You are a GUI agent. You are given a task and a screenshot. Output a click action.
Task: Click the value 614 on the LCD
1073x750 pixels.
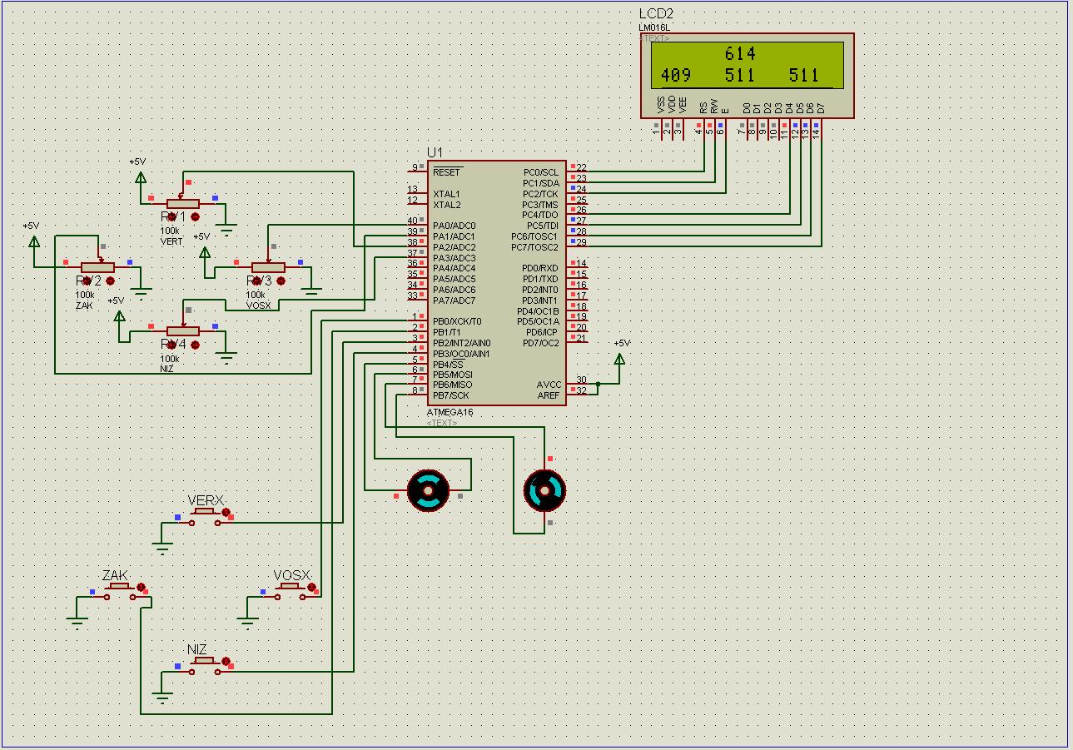[x=739, y=54]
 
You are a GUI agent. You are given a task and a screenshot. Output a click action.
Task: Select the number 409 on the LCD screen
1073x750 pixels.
[x=675, y=76]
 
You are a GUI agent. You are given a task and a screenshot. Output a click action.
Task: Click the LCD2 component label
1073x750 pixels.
[x=656, y=13]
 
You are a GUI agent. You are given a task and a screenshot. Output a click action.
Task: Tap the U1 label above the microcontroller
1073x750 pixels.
[x=435, y=152]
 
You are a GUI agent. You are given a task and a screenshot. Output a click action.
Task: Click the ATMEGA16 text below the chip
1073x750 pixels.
[x=450, y=413]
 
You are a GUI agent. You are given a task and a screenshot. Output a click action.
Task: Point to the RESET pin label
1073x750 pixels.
[x=447, y=172]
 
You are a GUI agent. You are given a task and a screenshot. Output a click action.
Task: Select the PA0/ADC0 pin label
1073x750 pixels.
[x=454, y=226]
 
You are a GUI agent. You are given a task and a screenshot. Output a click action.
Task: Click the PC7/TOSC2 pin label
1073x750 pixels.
[x=534, y=247]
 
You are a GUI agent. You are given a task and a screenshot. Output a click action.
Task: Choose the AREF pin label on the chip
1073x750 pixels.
[x=549, y=395]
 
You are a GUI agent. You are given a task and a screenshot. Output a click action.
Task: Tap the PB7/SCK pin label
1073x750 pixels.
[x=450, y=395]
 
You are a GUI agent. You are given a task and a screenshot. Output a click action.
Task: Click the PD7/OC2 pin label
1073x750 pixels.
[x=540, y=343]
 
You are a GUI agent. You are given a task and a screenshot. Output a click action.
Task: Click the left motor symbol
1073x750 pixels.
[x=428, y=490]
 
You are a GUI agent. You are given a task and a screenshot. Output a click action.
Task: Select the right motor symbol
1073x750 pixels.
[x=544, y=490]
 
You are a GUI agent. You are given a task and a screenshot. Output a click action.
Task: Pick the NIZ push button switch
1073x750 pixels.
[x=203, y=663]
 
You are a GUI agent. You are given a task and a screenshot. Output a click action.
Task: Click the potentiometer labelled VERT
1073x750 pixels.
[x=183, y=204]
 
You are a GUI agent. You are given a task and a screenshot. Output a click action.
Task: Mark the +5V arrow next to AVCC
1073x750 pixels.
[x=619, y=359]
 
